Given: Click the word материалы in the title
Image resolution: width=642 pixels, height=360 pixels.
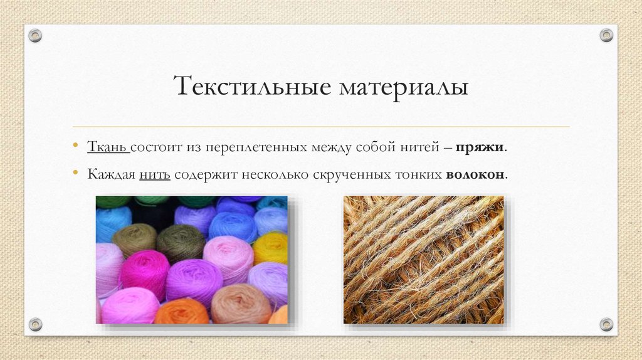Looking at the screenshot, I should pyautogui.click(x=404, y=87).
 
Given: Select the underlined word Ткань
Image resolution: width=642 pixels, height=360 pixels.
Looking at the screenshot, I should pyautogui.click(x=107, y=148).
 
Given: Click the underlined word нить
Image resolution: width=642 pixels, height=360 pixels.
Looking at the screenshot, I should pyautogui.click(x=155, y=174).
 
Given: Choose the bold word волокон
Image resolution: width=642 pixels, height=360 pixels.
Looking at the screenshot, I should pyautogui.click(x=475, y=174).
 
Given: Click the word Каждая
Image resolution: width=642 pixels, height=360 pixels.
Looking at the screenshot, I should pyautogui.click(x=112, y=174).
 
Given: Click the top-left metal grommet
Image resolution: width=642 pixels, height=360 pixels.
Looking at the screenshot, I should pyautogui.click(x=35, y=36).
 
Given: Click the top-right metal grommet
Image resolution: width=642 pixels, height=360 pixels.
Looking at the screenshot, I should pyautogui.click(x=606, y=35).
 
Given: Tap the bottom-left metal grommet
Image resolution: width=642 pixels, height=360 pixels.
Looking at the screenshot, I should pyautogui.click(x=35, y=324).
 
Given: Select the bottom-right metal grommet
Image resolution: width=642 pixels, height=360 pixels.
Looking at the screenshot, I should pyautogui.click(x=606, y=324).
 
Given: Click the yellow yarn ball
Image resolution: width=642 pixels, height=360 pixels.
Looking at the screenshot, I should pyautogui.click(x=271, y=247).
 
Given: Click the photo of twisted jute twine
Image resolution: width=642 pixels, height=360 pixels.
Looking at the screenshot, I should pyautogui.click(x=423, y=260).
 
